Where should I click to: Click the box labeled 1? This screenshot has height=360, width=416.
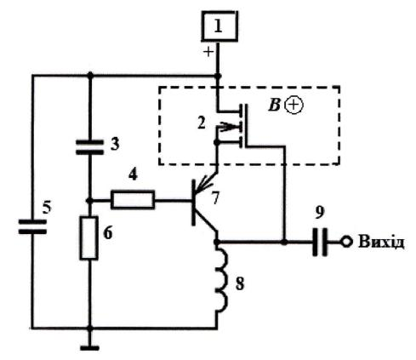coord(219,26)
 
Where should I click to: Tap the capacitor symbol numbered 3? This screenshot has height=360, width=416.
coord(89,147)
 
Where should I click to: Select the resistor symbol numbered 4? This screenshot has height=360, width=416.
coord(133,200)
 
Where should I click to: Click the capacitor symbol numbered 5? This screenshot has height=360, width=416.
coord(32,226)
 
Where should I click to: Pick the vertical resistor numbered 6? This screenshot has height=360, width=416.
coord(89,237)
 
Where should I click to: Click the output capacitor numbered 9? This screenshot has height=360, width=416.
coord(320,242)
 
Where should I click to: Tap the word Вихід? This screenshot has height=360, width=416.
coord(381,243)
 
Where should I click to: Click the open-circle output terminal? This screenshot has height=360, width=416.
coord(346,242)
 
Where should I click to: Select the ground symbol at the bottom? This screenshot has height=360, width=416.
coord(89,348)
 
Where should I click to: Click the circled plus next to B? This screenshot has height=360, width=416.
coord(293,106)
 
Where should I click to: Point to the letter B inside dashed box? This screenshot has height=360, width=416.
coord(274,106)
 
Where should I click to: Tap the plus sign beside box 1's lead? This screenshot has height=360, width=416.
coord(209,52)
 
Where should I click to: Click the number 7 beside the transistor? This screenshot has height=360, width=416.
coord(216,197)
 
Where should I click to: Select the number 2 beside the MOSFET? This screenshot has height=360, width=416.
coord(201,123)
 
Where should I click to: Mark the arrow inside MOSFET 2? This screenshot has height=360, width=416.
coord(229,127)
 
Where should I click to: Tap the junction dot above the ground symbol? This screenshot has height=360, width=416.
coord(89,329)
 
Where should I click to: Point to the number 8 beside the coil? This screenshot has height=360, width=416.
coord(240,283)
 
